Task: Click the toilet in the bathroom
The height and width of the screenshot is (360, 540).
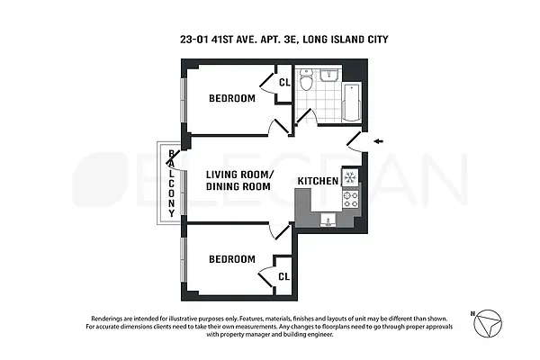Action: (309, 83)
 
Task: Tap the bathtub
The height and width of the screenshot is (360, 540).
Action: (351, 104)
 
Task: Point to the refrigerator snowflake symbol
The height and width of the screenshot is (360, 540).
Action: (349, 176)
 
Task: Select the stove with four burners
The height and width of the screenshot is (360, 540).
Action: (349, 200)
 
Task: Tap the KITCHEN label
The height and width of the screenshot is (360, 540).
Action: (318, 181)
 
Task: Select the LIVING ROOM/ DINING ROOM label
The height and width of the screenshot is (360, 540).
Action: (238, 180)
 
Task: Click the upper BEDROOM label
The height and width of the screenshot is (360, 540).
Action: (231, 98)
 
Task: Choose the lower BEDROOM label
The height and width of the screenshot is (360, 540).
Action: (231, 259)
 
